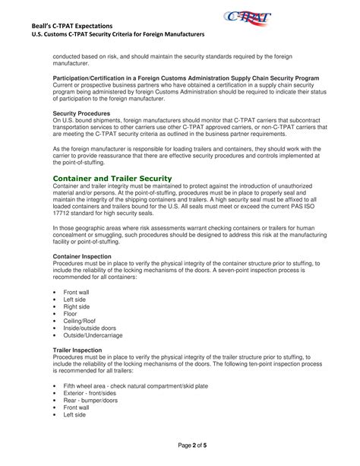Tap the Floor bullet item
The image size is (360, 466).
click(71, 313)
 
